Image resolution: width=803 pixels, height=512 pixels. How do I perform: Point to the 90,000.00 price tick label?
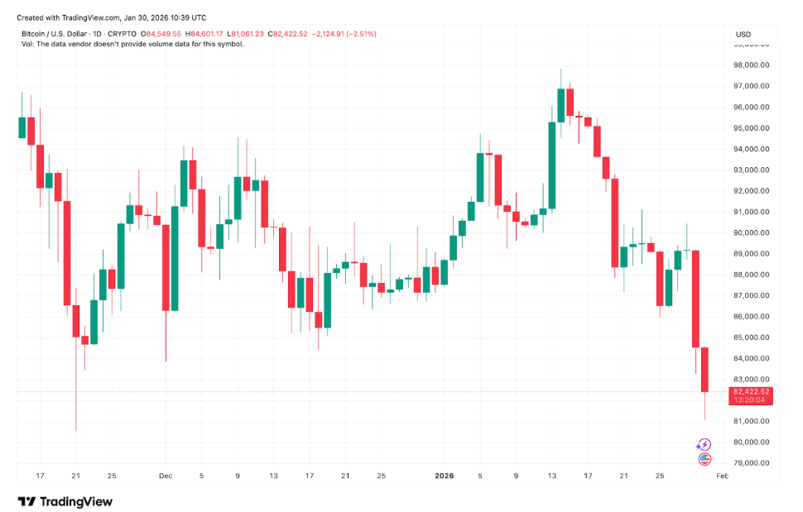752,232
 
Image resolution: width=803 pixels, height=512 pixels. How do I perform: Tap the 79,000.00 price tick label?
752,462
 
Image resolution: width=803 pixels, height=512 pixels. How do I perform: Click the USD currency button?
743,34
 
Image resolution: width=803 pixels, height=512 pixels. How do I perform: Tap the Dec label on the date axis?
165,476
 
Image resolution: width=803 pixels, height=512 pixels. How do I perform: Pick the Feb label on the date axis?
722,476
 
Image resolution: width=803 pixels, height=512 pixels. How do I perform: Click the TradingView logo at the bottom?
65,501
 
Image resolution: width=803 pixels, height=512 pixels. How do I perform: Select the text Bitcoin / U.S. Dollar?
58,34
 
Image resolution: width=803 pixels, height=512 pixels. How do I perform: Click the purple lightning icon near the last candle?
704,444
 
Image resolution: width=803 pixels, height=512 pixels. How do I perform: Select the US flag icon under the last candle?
704,458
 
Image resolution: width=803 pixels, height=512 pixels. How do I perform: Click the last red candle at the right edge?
704,370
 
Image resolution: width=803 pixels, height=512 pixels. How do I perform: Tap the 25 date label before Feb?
660,476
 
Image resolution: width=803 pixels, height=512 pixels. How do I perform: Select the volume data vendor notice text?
132,44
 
